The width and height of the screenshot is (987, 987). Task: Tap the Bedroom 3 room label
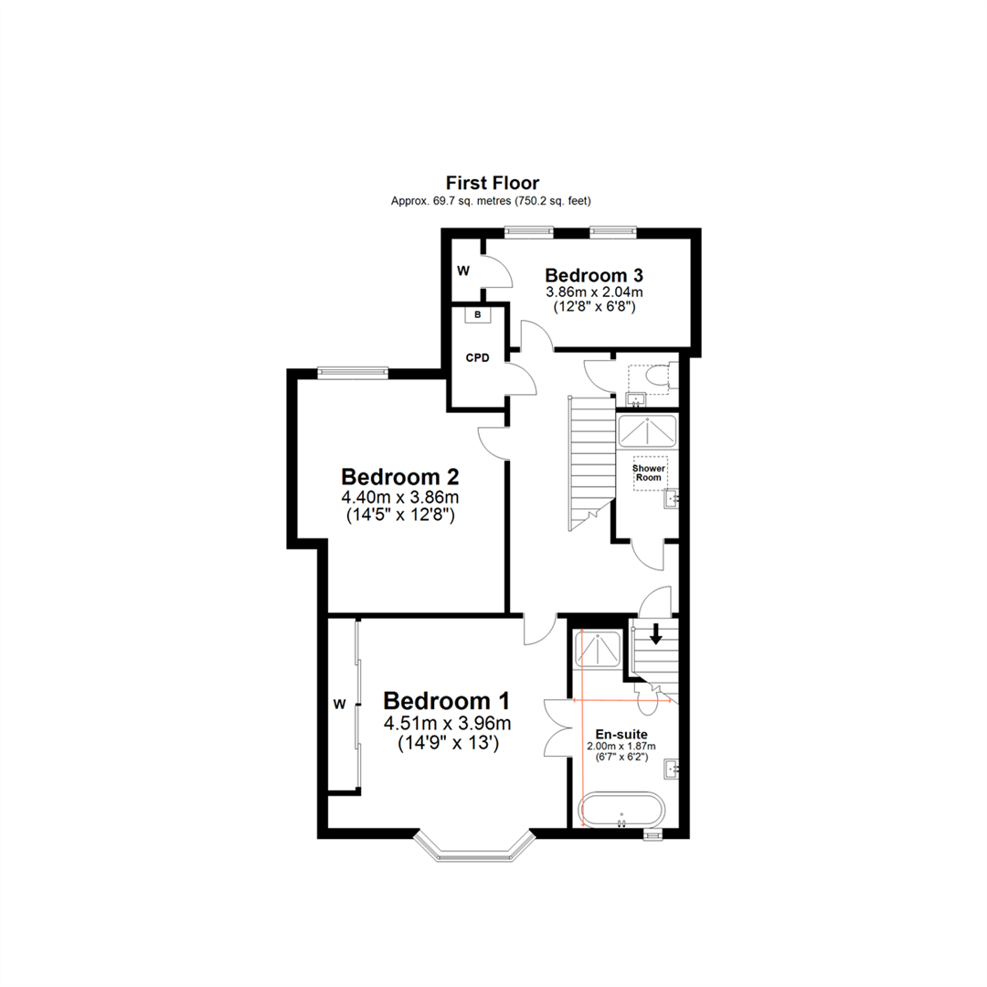click(594, 275)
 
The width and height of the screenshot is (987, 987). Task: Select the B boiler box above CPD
click(477, 315)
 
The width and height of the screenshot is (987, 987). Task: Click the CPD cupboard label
click(477, 357)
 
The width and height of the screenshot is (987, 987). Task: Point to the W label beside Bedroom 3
click(463, 271)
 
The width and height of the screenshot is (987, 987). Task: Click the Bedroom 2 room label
click(399, 476)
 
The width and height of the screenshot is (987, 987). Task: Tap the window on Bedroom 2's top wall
click(353, 371)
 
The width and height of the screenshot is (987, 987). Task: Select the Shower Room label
click(650, 472)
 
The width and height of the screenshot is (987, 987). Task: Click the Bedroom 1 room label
click(446, 701)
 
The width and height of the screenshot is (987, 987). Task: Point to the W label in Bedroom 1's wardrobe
click(339, 703)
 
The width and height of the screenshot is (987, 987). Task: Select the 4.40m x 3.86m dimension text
click(400, 497)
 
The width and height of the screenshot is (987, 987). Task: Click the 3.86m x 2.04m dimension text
click(594, 292)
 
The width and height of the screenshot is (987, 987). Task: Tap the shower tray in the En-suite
click(599, 650)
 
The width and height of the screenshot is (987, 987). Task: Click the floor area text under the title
click(498, 200)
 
